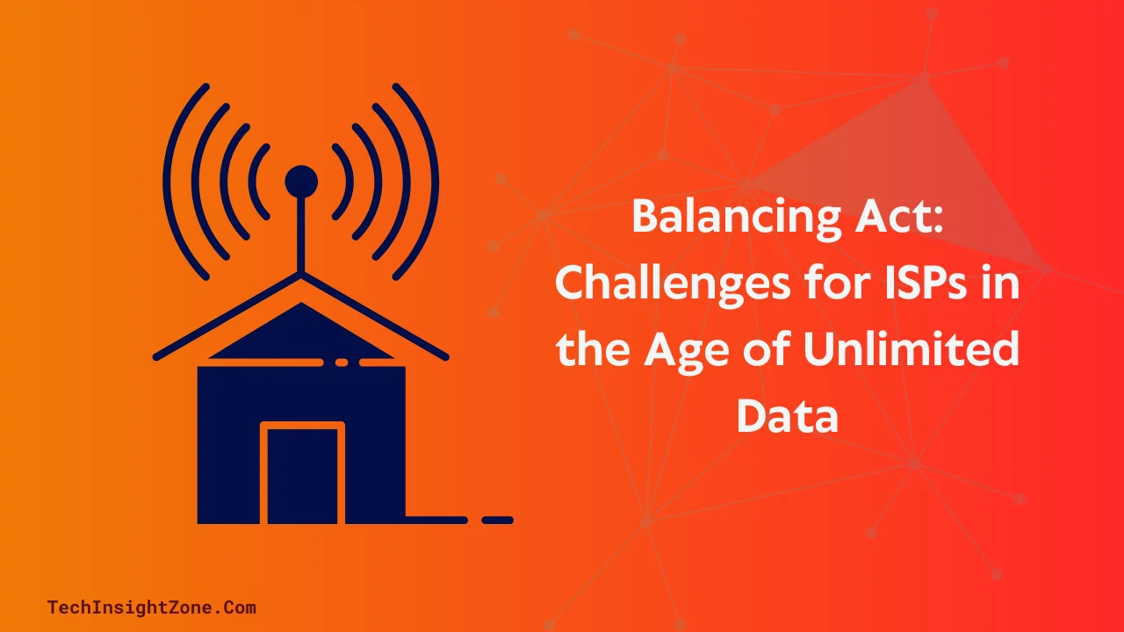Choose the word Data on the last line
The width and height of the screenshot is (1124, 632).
point(787,415)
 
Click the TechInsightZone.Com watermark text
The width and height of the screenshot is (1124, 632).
point(151,607)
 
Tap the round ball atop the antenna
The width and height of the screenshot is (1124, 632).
point(301,182)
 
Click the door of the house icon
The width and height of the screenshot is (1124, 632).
point(302,474)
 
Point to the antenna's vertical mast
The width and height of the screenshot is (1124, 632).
point(301,233)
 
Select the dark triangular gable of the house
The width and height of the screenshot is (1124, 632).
point(301,335)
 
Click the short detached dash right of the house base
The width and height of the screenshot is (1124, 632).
point(497,520)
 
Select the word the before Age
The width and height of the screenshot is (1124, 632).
point(594,349)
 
